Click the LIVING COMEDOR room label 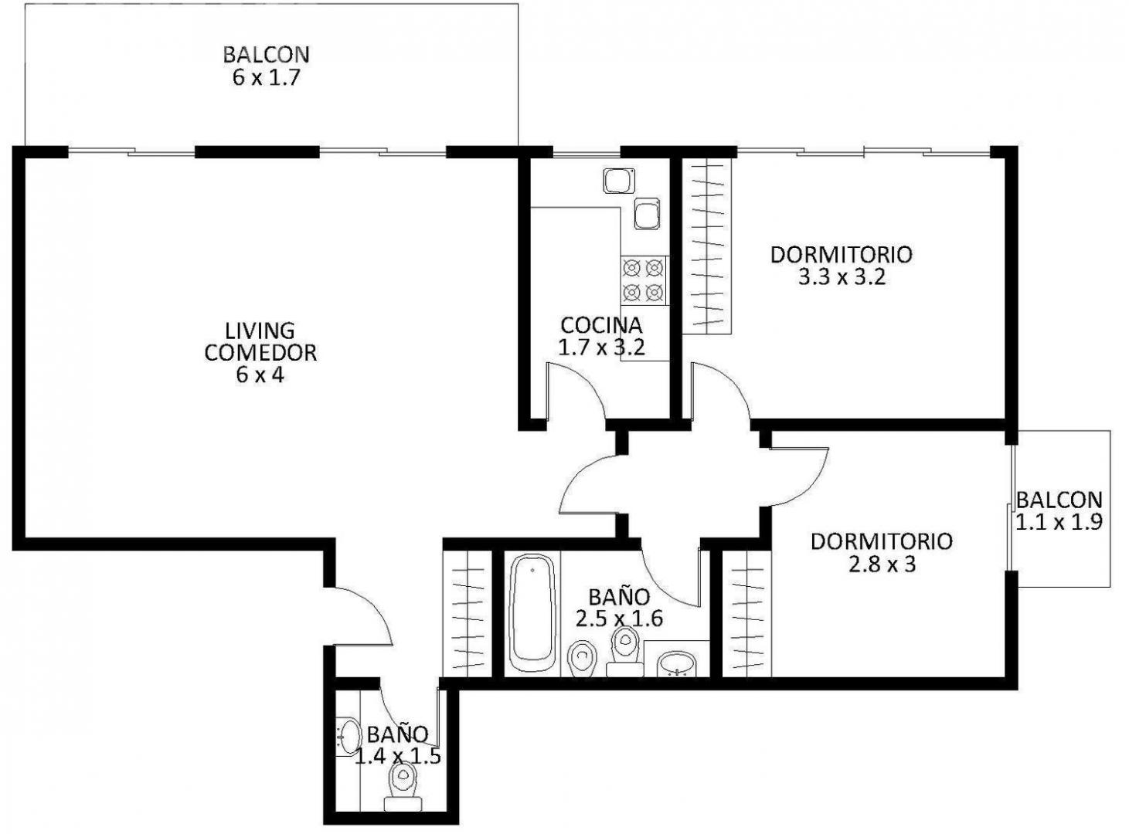(260, 341)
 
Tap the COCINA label (601, 325)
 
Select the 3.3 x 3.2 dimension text (841, 277)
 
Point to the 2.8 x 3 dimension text (882, 564)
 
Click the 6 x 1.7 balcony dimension (266, 77)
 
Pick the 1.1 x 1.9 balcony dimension (1059, 522)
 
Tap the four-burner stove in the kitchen (643, 280)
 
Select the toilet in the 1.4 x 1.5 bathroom (403, 786)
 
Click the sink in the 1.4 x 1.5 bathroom (349, 737)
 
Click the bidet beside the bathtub (580, 659)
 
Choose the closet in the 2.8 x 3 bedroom (746, 613)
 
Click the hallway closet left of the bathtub (468, 613)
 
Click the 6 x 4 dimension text (260, 375)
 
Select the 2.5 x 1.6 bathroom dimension (619, 619)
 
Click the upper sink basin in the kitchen (619, 181)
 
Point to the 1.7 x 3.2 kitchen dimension (601, 347)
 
